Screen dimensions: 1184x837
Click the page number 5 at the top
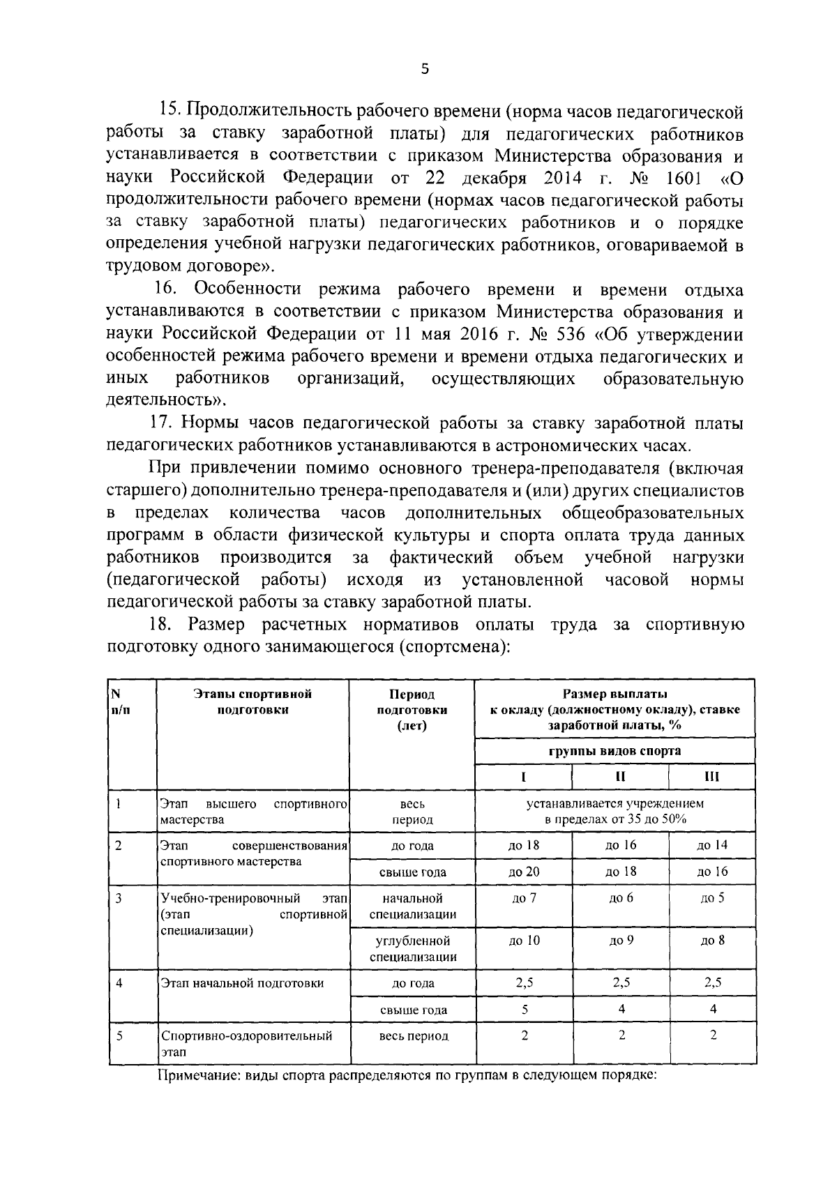(x=425, y=68)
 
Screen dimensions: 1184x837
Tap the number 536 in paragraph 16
(x=560, y=335)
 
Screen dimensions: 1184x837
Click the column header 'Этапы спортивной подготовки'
(x=252, y=701)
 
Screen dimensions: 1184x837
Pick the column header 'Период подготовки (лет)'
(x=412, y=709)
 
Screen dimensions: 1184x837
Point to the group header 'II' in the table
(x=620, y=776)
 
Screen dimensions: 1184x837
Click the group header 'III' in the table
(x=712, y=776)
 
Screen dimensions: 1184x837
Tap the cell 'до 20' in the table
(x=524, y=871)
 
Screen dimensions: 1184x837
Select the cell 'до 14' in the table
(x=712, y=844)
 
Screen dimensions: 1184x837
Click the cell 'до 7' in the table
(x=524, y=898)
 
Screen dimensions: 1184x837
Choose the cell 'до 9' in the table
(x=620, y=940)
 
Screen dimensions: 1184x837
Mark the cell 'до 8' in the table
(x=712, y=940)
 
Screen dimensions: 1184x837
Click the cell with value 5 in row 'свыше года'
(x=524, y=1009)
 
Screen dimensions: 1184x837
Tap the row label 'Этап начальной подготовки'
(x=242, y=983)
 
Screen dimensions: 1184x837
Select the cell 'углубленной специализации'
(x=412, y=949)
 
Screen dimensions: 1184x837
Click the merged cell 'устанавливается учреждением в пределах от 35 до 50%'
(x=614, y=811)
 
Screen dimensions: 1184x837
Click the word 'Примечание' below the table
(x=194, y=1075)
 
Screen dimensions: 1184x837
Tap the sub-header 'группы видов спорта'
(x=614, y=751)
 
